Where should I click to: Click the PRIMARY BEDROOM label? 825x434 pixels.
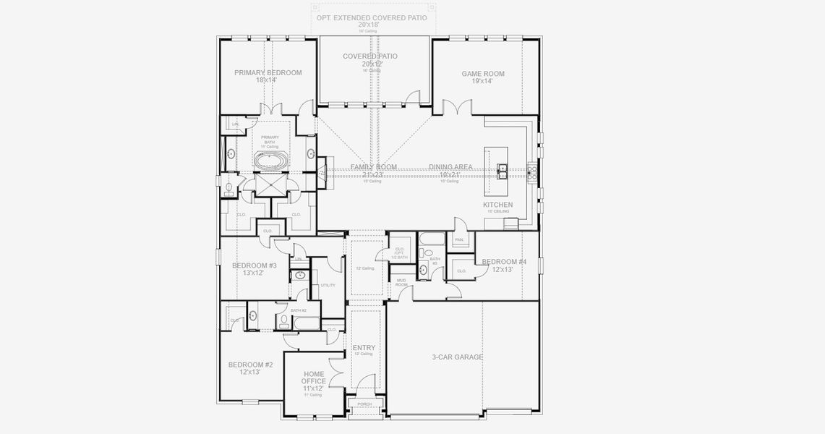pos(268,73)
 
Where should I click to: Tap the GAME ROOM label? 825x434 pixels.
pos(483,74)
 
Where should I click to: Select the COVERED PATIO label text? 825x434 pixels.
pos(370,56)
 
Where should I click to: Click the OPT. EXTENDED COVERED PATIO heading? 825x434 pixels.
pos(372,17)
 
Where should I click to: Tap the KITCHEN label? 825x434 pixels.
pos(498,205)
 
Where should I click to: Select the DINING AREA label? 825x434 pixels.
pos(450,167)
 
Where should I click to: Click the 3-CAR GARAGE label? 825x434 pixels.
pos(457,357)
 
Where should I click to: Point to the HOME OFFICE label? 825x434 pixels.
pos(314,378)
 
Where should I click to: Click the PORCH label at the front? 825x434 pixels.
pos(364,404)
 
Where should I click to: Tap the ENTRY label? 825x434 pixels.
pos(364,348)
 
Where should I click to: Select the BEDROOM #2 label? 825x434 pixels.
pos(250,365)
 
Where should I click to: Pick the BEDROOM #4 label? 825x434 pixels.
pos(504,262)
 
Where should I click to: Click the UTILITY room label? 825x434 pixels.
pos(328,285)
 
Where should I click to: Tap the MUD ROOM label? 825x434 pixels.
pos(401,283)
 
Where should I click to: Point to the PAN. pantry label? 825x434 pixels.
pos(459,239)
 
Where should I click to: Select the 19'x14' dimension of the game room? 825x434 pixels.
pos(483,82)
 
